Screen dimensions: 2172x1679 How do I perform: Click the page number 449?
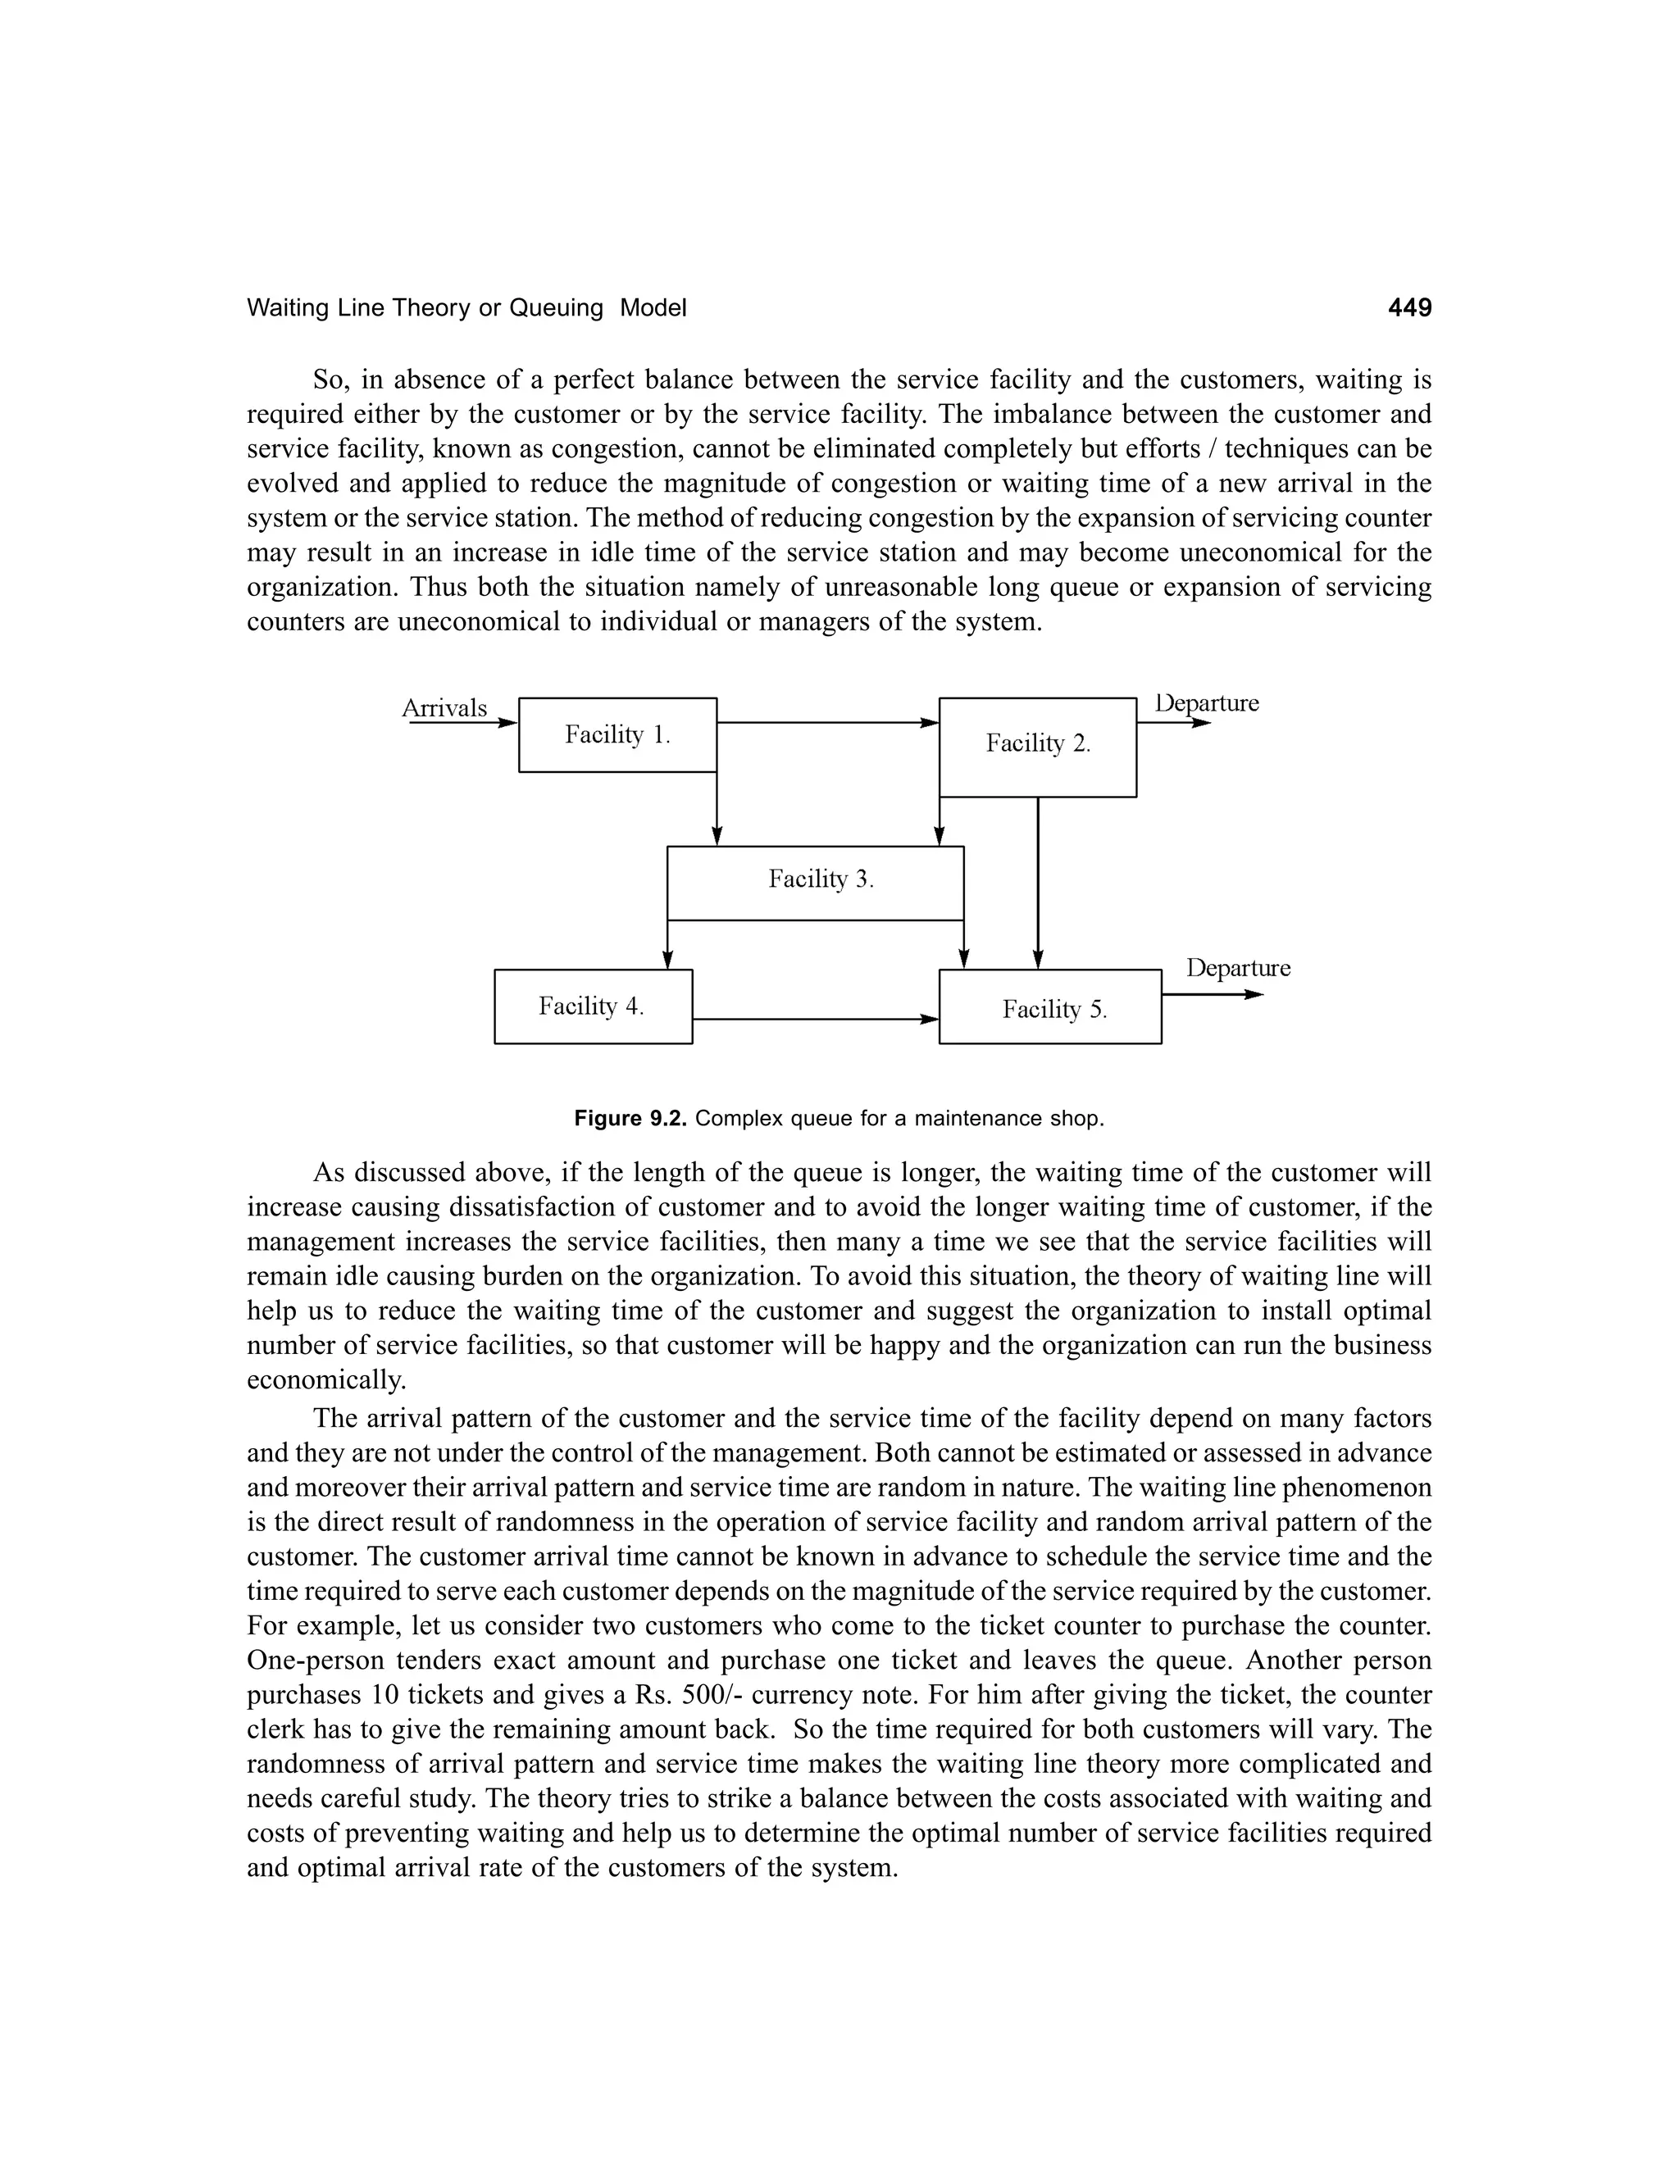point(1409,308)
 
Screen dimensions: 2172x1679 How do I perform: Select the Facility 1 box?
point(617,735)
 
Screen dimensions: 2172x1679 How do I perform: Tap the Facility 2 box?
point(1037,746)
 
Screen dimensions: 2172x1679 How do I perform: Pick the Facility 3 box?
point(815,882)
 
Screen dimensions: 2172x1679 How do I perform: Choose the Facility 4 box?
point(593,1006)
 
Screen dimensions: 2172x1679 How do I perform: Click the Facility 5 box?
point(1050,1006)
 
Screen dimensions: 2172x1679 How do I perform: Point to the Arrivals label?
point(444,708)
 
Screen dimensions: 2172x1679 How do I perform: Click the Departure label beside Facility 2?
point(1207,703)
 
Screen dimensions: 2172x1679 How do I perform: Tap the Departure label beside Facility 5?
point(1239,968)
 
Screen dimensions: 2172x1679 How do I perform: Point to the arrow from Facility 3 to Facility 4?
point(667,945)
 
